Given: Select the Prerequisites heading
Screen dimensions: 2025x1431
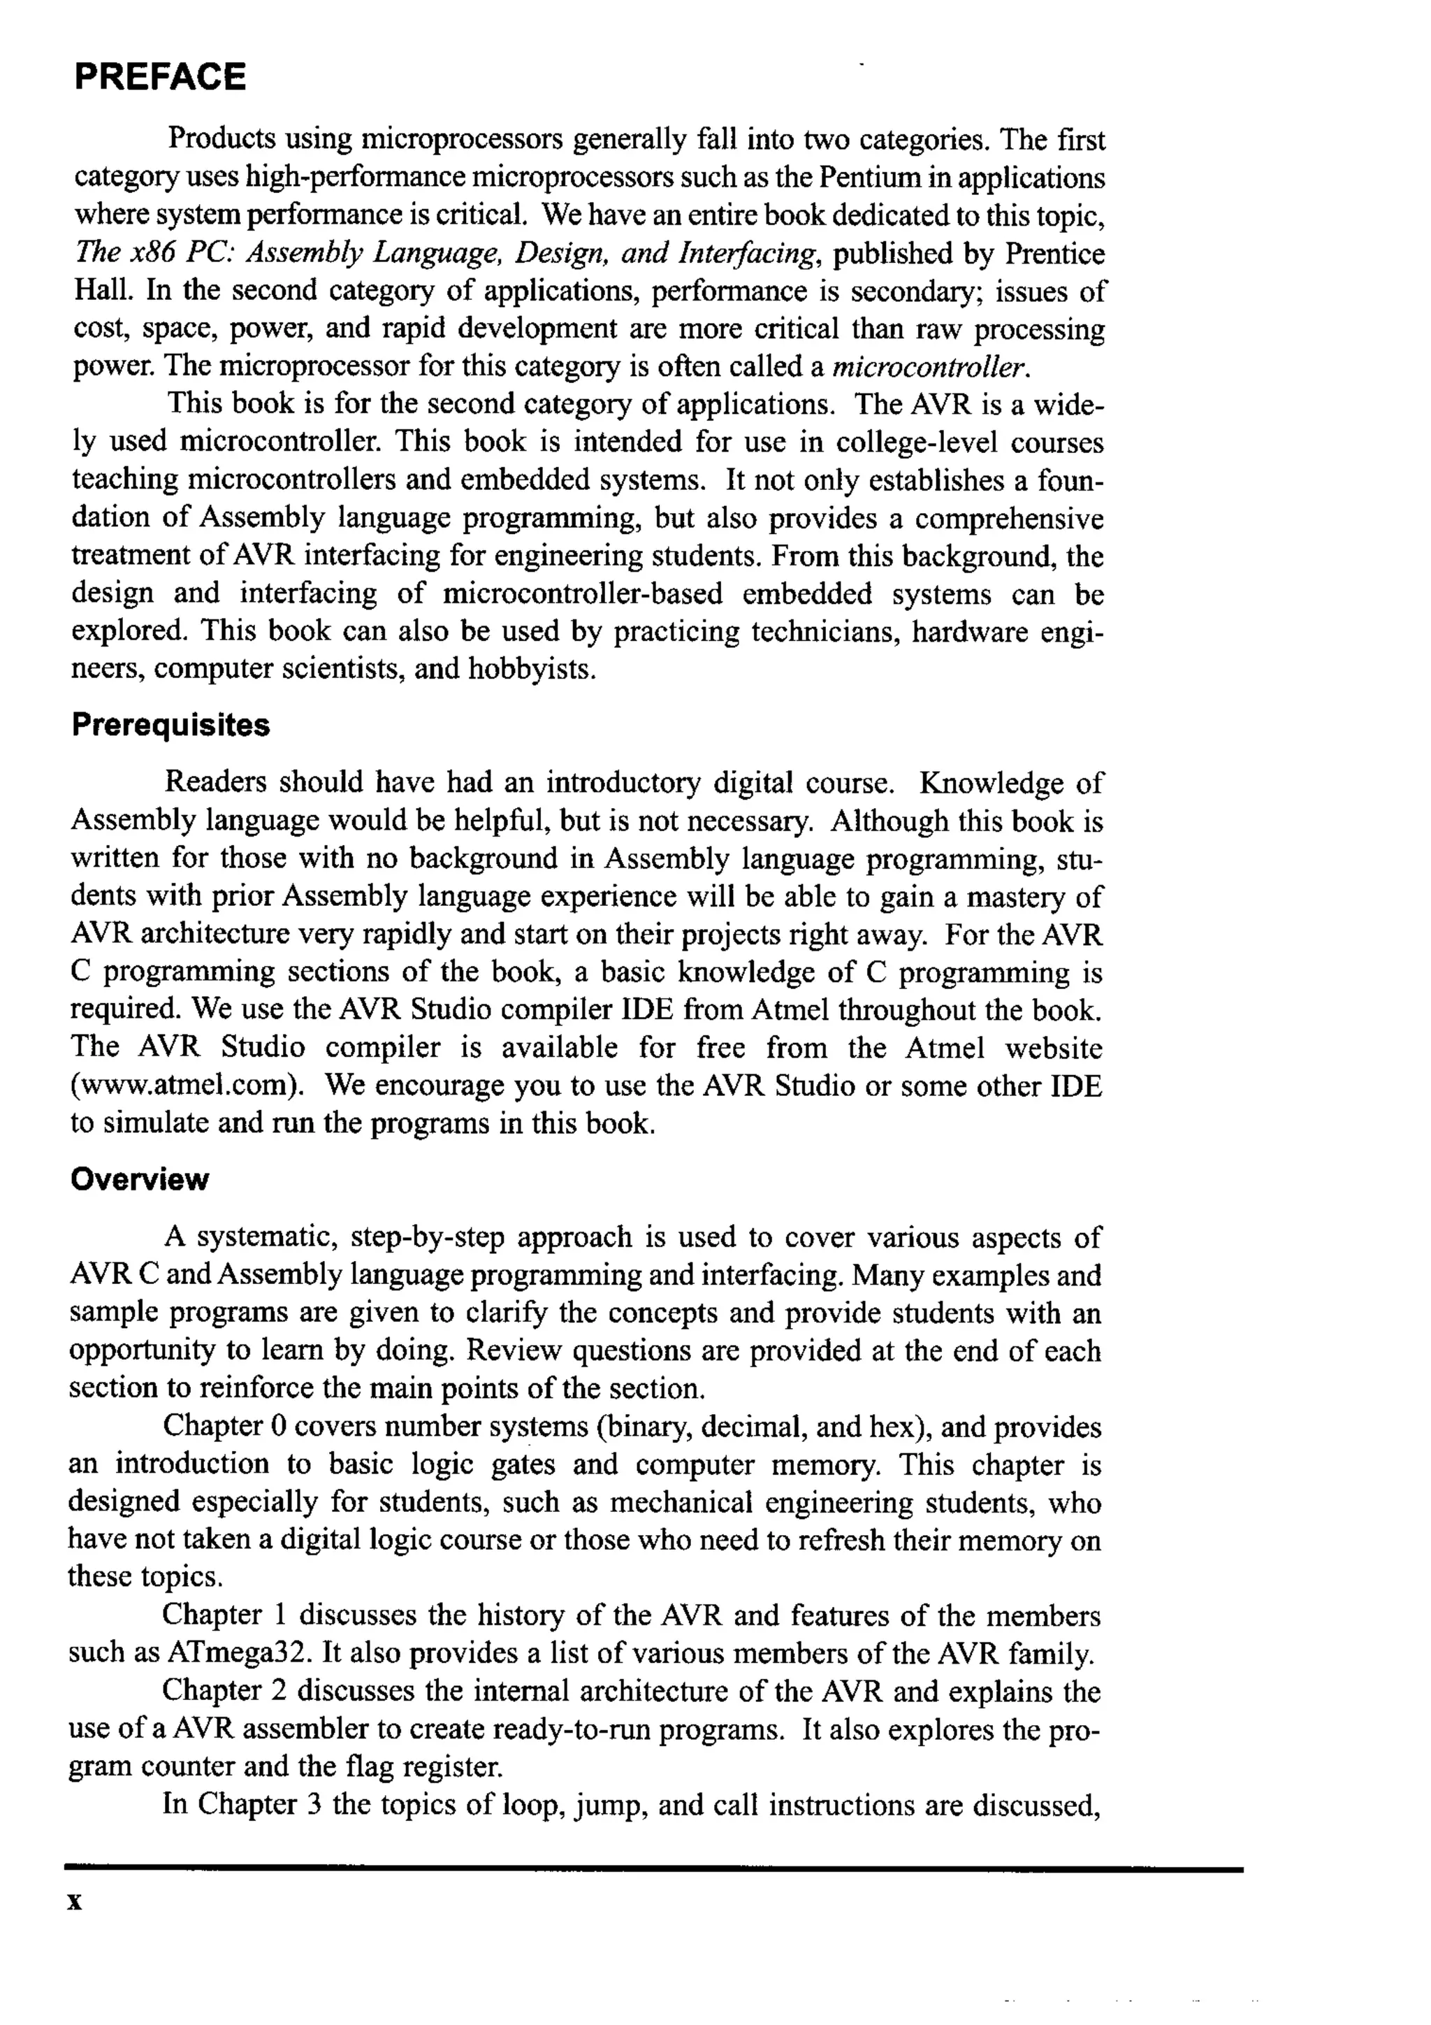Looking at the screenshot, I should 170,725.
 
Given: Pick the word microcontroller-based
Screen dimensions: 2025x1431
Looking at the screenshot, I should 583,593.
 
